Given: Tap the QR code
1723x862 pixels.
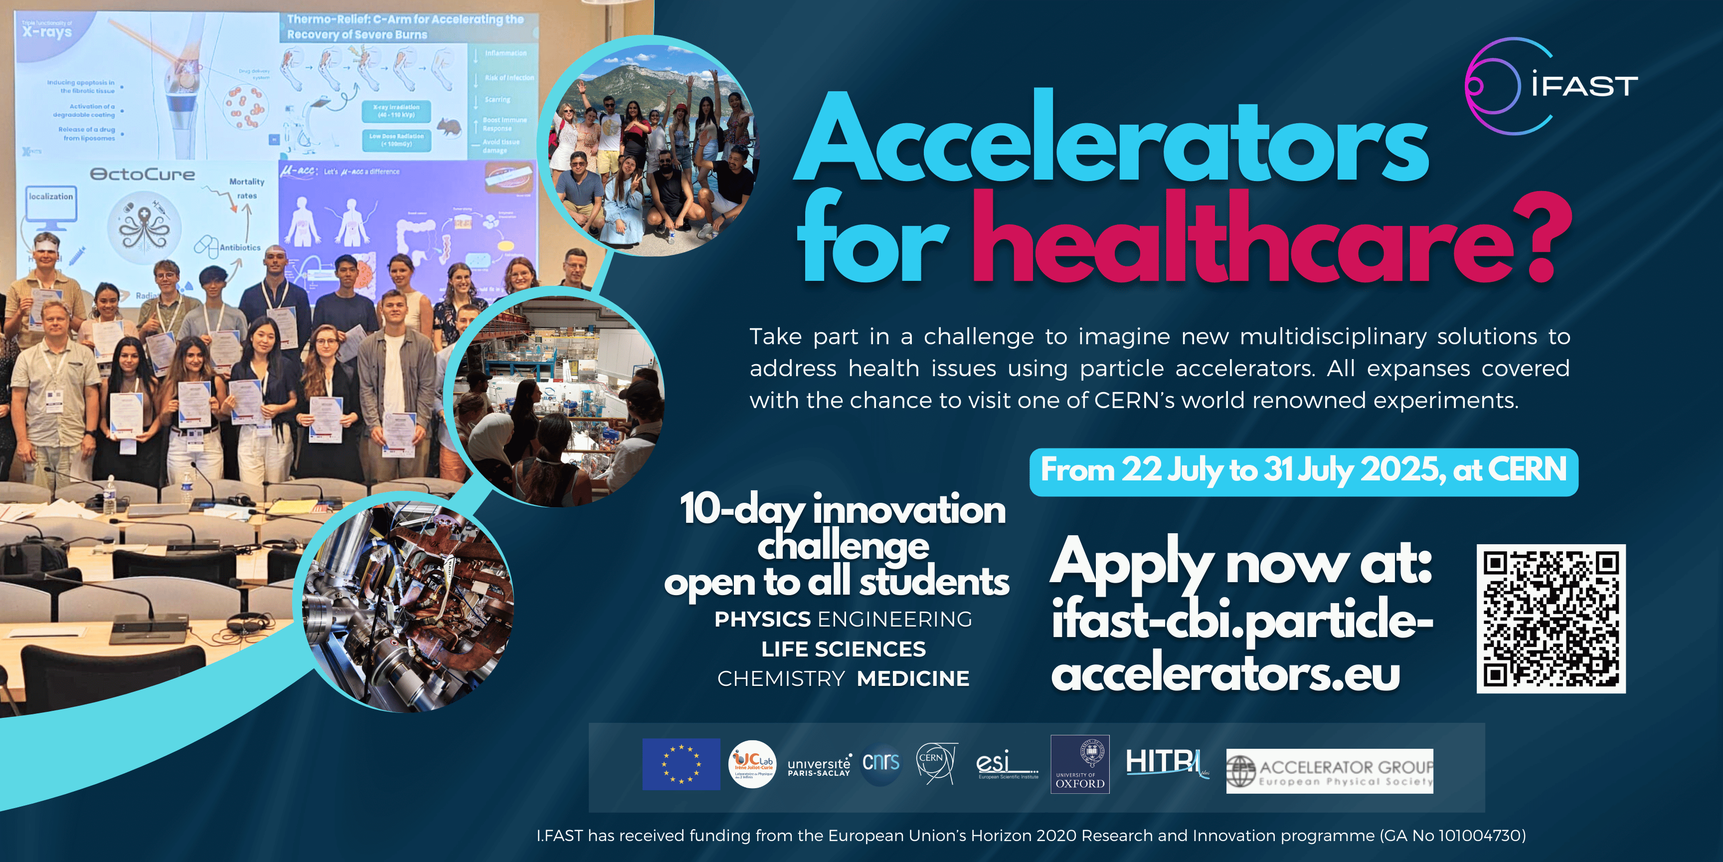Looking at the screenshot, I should (1551, 619).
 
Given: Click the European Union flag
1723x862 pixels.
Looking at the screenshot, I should (681, 764).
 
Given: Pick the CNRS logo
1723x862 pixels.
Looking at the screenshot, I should (881, 762).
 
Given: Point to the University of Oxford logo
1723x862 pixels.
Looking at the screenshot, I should (1079, 764).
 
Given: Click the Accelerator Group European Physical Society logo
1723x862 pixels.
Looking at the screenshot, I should (1329, 771).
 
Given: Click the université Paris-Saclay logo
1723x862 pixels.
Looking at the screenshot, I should (819, 766).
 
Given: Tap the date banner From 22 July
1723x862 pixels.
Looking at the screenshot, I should (1303, 471).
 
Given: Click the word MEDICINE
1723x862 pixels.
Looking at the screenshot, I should (913, 678).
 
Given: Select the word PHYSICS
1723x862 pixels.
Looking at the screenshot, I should (762, 620).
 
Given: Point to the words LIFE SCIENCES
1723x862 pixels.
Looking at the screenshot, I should (844, 649).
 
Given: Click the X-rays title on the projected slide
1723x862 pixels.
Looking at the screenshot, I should (46, 31).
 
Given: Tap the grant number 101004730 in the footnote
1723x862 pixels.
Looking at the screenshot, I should (1482, 836).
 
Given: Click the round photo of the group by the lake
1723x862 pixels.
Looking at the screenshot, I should (648, 147).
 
